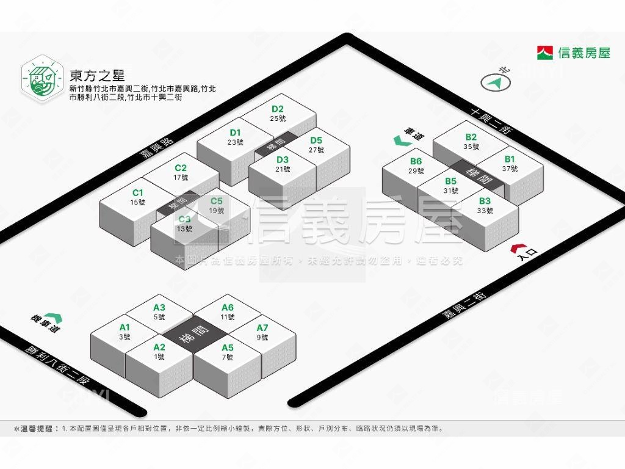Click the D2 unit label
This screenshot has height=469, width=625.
pos(278,109)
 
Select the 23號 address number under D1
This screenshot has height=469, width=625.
pos(236,142)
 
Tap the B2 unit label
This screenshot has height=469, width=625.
pos(471,137)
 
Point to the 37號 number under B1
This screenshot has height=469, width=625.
pos(510,169)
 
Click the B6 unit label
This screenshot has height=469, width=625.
pos(416,162)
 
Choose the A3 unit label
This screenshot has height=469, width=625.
pos(159,308)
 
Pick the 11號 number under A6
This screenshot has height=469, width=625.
pos(228,317)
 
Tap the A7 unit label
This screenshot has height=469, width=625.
pos(262,328)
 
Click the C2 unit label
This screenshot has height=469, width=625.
pos(181,168)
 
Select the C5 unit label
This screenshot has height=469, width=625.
pos(217,200)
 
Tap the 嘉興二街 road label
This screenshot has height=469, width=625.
pos(464,305)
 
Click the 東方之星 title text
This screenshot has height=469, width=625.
pos(97,76)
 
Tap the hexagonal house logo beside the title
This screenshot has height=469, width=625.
pos(42,78)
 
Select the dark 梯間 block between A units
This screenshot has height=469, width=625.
pos(194,334)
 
